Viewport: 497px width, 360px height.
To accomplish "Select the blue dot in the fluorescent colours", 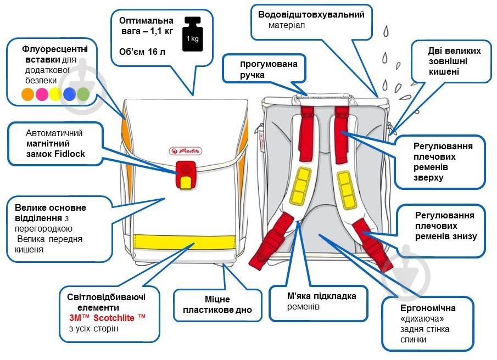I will [69, 94].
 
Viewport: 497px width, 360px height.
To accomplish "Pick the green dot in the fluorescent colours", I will [83, 94].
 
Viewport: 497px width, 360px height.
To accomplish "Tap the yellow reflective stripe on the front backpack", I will [185, 241].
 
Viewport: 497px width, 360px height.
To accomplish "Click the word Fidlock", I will [72, 154].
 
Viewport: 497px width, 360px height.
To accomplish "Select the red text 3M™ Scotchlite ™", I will [108, 318].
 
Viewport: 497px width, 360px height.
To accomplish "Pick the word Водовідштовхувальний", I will [311, 15].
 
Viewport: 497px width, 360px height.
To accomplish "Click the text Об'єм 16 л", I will [142, 53].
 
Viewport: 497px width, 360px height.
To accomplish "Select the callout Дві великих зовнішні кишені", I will [451, 61].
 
